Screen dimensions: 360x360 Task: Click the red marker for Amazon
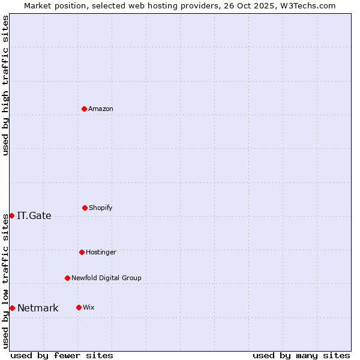85,109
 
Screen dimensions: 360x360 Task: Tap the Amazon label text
101,109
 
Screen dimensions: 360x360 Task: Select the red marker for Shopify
85,208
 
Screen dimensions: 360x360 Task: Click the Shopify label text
101,208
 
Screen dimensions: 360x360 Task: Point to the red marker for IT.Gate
11,215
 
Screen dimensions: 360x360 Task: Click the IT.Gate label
34,216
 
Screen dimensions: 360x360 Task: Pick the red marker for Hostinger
82,252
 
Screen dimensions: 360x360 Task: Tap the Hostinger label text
101,252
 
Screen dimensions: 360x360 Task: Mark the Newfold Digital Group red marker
67,278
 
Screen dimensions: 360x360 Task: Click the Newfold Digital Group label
106,278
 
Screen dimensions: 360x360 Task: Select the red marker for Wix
79,307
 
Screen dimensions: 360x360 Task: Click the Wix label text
89,307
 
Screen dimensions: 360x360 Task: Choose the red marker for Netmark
12,308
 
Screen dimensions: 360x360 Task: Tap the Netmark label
38,308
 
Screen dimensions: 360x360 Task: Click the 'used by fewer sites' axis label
62,355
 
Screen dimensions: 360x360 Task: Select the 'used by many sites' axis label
301,355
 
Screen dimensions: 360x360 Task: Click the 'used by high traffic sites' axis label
5,86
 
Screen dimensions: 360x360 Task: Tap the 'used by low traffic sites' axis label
5,281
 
